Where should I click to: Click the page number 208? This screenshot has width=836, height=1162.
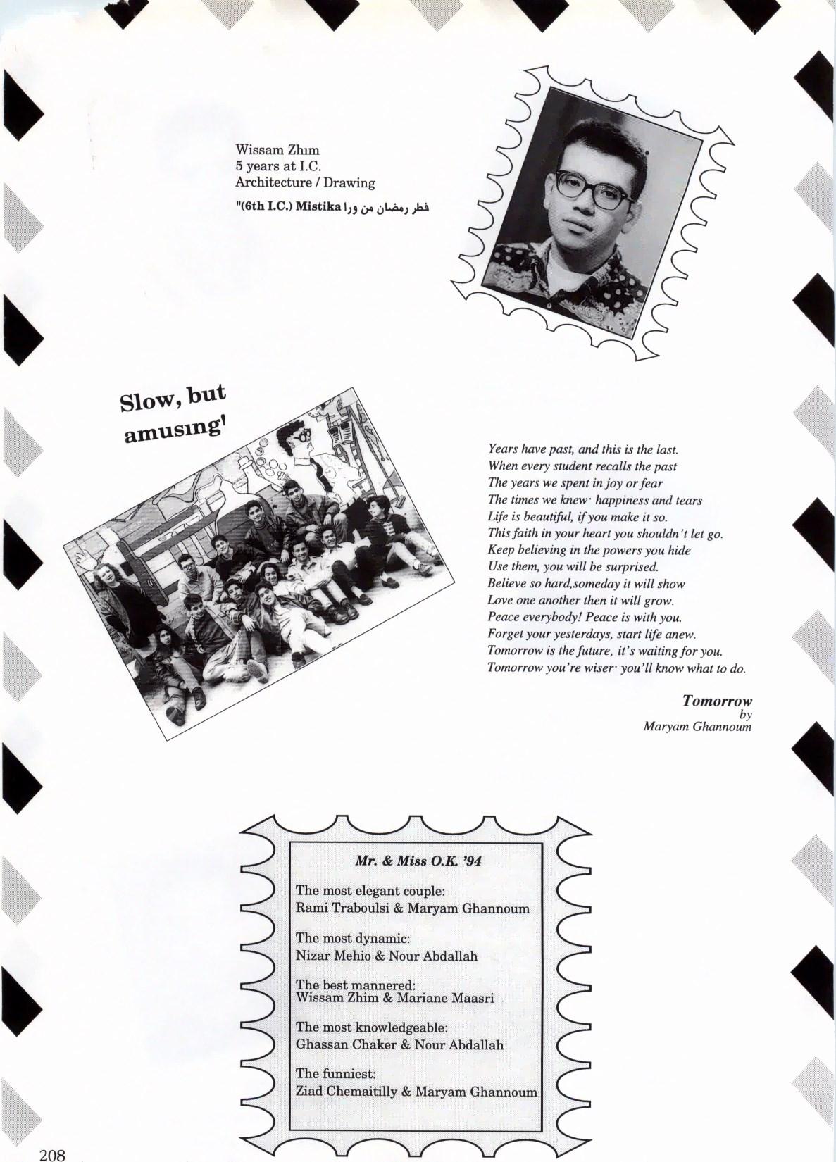52,1154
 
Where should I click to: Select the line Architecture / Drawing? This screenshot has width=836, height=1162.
305,182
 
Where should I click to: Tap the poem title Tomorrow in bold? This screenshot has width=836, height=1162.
717,701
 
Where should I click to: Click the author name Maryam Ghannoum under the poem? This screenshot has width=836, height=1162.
697,726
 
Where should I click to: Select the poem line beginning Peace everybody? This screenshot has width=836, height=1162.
585,618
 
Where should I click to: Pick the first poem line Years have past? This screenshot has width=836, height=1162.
582,449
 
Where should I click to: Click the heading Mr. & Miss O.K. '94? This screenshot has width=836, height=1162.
418,861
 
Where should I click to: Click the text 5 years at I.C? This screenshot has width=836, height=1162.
278,166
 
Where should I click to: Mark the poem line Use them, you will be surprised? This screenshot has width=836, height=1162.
573,567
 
